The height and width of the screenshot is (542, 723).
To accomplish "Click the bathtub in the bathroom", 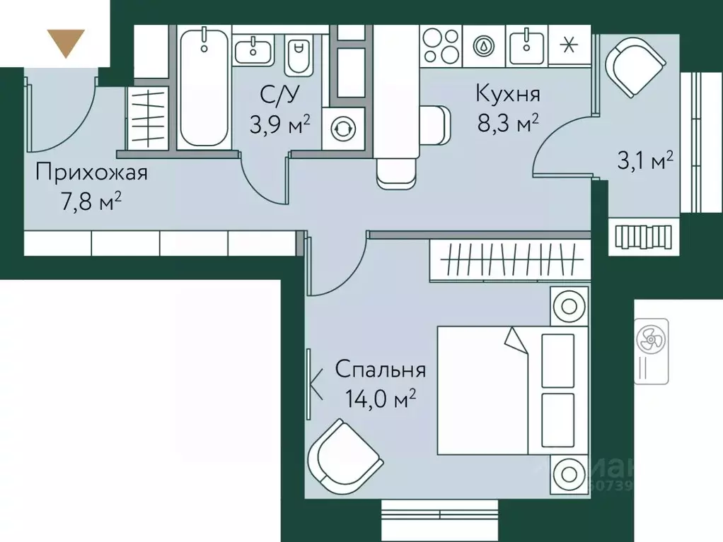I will tap(203, 88).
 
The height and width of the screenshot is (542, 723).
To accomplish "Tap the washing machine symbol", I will tap(344, 129).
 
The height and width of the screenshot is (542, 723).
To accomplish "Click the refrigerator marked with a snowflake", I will tap(567, 45).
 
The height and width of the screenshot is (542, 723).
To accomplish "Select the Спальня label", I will tap(380, 369).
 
